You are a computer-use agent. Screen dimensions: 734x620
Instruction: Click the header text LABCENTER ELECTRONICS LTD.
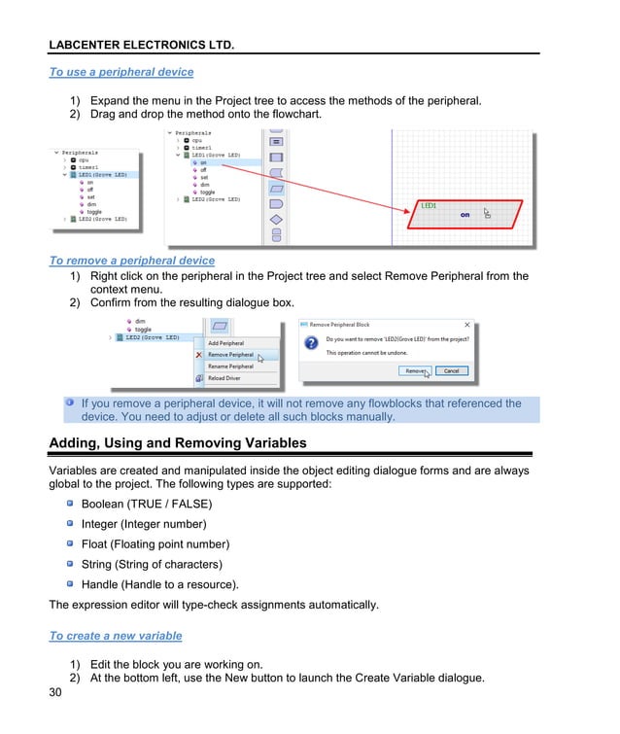point(142,45)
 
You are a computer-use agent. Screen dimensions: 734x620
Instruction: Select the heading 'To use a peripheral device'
point(121,72)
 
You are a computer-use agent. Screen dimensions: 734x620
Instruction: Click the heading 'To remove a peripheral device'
point(132,261)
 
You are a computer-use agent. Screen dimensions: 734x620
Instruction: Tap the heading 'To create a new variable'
point(116,636)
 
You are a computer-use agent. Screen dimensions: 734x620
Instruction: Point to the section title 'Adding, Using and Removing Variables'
point(178,443)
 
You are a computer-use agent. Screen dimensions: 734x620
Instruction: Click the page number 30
point(56,693)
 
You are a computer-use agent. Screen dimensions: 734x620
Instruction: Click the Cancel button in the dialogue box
point(452,370)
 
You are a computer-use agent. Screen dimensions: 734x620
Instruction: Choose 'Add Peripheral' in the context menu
point(225,343)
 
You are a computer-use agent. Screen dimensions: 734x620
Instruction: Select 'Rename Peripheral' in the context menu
point(230,367)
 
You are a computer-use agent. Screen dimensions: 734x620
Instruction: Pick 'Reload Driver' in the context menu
point(224,378)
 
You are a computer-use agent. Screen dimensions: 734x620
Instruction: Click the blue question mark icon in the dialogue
point(311,343)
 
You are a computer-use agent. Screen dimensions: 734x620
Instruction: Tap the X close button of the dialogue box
point(467,325)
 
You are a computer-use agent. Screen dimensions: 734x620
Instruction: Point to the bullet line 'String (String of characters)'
point(152,565)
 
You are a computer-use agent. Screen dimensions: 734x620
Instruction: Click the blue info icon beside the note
point(70,402)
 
